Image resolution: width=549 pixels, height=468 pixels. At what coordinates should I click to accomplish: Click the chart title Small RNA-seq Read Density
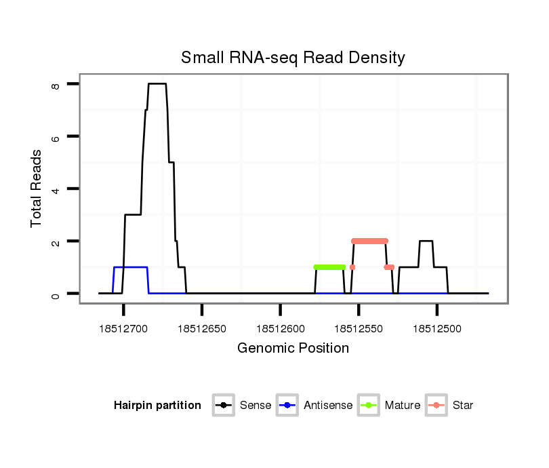293,58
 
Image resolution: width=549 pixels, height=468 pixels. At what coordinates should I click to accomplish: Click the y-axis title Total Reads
37,189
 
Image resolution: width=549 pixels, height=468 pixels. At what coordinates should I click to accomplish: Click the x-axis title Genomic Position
293,349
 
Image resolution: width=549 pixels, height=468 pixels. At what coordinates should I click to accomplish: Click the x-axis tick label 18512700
123,328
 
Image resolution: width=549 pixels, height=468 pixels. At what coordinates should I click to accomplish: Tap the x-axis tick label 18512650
202,328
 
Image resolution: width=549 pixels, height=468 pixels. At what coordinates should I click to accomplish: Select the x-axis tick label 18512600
280,328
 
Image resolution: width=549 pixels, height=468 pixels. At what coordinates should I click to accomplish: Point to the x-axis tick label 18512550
359,328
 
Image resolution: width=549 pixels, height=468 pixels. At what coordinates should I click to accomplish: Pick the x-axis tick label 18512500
436,328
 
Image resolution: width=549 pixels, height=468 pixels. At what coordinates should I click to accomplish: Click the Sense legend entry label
256,406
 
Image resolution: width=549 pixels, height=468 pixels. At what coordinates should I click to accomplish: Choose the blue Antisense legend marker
287,406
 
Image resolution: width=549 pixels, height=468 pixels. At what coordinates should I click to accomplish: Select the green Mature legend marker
369,406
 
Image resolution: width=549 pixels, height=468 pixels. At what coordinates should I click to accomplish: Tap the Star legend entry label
463,406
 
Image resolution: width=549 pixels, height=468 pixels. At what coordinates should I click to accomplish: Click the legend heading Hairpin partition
157,406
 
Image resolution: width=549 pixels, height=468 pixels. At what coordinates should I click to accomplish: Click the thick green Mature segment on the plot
330,267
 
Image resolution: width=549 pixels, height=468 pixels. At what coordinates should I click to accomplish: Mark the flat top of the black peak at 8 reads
157,84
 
